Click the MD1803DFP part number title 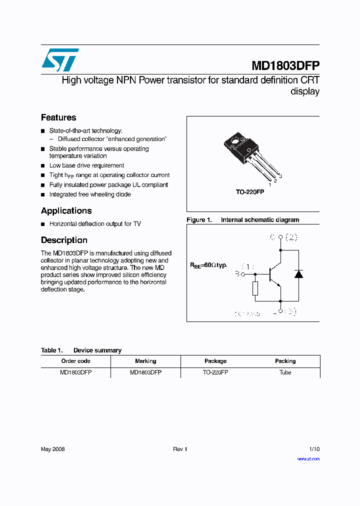[285, 66]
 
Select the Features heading [58, 117]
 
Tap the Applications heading [66, 210]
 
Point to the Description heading [64, 240]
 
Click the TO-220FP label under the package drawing [250, 192]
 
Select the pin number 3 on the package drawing [280, 176]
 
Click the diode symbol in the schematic [298, 274]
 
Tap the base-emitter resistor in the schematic [255, 288]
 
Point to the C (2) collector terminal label [283, 237]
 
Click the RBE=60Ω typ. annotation [208, 265]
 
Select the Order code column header [75, 361]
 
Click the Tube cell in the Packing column [285, 372]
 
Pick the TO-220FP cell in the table [215, 372]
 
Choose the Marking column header [145, 361]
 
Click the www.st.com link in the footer [308, 458]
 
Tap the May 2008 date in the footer [53, 449]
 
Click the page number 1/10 [314, 449]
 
